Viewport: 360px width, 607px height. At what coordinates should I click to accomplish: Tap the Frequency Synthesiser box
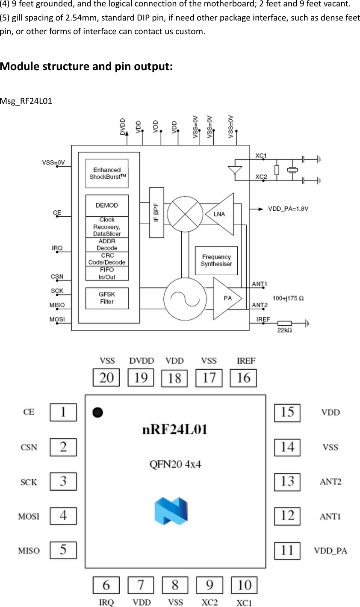point(216,260)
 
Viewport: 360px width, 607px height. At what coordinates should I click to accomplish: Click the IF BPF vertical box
point(156,212)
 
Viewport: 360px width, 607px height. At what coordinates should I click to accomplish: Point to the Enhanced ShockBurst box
point(107,174)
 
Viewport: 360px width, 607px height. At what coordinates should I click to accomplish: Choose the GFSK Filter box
point(107,298)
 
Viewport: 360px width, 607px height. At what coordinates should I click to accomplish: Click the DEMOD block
point(107,206)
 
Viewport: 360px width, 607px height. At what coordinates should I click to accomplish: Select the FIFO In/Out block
point(107,274)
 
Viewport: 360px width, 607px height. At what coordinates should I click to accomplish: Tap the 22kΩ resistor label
point(285,330)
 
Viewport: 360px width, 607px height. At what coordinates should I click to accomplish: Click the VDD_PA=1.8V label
point(288,209)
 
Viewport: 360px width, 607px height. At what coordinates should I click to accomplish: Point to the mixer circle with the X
point(185,214)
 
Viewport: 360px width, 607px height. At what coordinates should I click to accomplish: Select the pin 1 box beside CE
point(63,413)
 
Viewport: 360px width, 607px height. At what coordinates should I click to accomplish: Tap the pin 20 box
point(106,377)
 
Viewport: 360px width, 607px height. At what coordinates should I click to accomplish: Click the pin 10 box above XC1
point(244,585)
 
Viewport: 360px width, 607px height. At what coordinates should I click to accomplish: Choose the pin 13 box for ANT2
point(287,482)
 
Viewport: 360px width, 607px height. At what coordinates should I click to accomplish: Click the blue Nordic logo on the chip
point(171,511)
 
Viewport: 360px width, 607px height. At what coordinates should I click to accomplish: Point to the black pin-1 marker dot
point(98,413)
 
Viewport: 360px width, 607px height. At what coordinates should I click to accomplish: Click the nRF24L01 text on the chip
point(175,430)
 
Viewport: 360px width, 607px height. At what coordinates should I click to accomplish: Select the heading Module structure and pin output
point(86,67)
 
